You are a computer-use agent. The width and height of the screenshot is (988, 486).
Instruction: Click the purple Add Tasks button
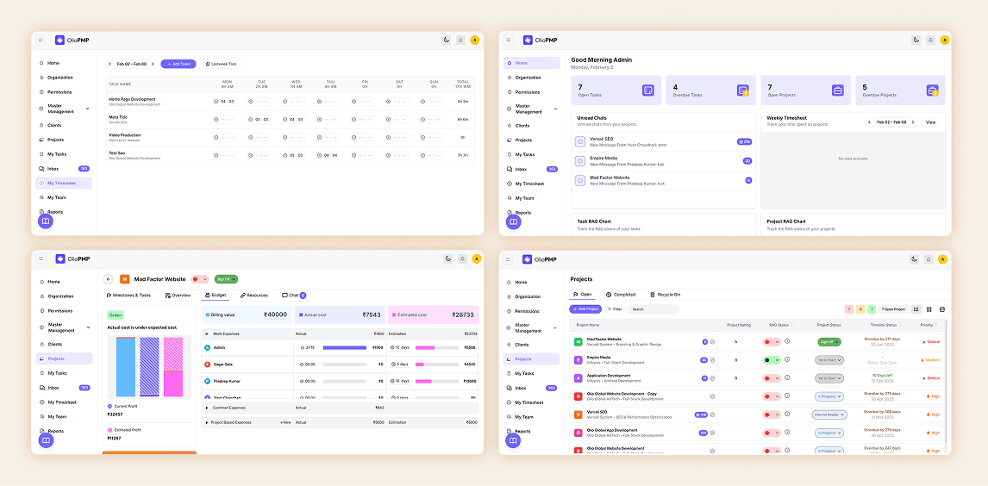click(x=178, y=64)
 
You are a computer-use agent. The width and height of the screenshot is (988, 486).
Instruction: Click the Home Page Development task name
click(x=133, y=99)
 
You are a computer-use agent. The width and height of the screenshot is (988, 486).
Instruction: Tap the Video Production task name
click(x=125, y=134)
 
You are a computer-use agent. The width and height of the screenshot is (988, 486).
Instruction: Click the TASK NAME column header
click(x=120, y=84)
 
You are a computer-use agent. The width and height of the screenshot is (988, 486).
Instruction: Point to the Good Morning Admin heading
click(x=601, y=60)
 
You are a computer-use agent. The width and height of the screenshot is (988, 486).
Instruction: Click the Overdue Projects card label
click(x=880, y=95)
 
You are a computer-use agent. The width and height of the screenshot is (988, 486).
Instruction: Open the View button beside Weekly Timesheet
click(x=930, y=122)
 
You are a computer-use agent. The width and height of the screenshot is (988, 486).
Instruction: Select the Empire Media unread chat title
click(x=603, y=158)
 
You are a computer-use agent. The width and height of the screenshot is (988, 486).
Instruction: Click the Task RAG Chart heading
click(x=594, y=221)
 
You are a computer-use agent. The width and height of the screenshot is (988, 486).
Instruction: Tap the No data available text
click(x=853, y=159)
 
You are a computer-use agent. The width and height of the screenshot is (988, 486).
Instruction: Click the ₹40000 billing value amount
click(x=276, y=315)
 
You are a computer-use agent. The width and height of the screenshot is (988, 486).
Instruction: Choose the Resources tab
click(x=254, y=296)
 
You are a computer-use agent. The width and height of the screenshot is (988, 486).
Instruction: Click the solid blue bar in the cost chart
click(x=126, y=366)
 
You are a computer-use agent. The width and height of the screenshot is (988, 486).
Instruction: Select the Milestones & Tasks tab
click(x=128, y=296)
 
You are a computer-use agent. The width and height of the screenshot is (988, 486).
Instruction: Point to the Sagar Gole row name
click(x=223, y=364)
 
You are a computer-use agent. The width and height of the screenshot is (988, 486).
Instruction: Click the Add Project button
click(x=585, y=308)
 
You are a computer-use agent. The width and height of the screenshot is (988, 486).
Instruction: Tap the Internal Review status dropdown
click(x=830, y=414)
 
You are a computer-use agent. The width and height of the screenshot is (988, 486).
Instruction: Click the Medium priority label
click(x=931, y=360)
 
